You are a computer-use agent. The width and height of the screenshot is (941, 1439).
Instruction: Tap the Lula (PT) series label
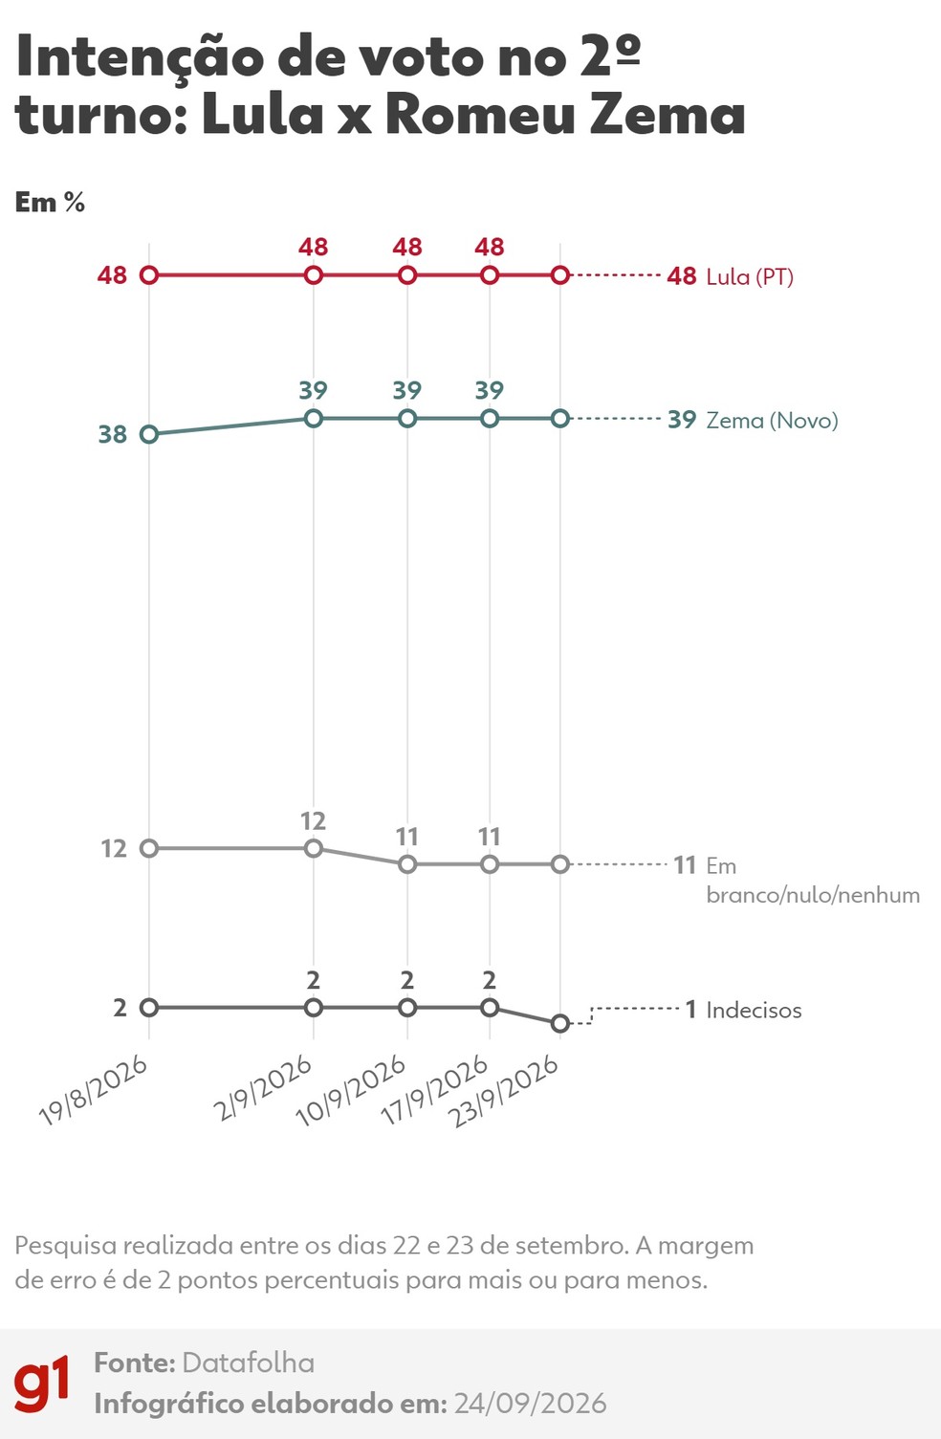point(750,277)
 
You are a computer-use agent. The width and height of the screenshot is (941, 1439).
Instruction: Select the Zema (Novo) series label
point(772,420)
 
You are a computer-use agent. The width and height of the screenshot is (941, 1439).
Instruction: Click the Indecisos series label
point(754,1010)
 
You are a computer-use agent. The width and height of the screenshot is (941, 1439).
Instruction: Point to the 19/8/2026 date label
point(93,1092)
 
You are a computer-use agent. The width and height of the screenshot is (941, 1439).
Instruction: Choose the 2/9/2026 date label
point(263,1088)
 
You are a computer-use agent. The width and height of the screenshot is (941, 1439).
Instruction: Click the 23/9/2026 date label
point(505,1092)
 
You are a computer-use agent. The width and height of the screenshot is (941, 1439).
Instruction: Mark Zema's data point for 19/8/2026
point(149,435)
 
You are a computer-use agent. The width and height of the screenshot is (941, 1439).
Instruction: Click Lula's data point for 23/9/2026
point(560,275)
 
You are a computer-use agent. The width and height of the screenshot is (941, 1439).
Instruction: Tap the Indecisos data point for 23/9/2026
point(560,1023)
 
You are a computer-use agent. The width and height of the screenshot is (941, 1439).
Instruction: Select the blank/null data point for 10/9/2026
point(407,864)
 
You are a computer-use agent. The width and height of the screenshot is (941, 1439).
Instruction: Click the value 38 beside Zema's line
point(113,435)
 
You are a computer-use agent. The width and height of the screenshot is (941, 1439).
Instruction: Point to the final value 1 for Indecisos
point(690,1010)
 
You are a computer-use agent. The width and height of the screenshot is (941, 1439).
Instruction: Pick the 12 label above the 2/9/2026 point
point(313,821)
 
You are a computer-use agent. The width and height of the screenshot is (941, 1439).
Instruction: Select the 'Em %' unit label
point(50,203)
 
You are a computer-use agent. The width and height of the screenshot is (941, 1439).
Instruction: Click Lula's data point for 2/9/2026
point(313,275)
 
